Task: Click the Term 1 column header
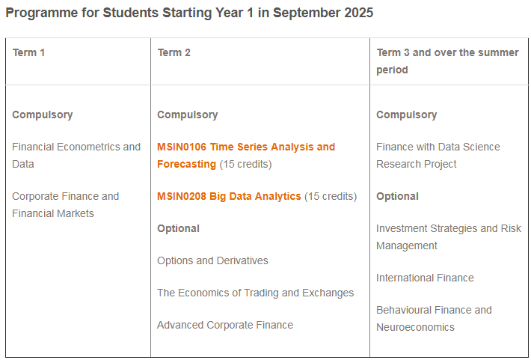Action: [28, 53]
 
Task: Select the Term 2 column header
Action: [174, 53]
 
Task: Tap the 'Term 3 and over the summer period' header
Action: [447, 61]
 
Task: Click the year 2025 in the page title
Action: [359, 13]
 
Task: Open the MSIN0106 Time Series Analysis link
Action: [246, 156]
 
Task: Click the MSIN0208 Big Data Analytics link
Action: [229, 197]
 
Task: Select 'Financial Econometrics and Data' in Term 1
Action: [76, 156]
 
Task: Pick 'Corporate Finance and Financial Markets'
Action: [65, 205]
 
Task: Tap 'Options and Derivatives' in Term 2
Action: [212, 260]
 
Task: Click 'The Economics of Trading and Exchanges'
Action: [255, 293]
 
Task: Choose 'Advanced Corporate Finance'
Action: [225, 325]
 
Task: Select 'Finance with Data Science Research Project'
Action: [438, 156]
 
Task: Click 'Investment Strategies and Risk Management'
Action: [449, 237]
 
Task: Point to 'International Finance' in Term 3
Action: [425, 278]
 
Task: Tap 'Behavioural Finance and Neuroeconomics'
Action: [434, 319]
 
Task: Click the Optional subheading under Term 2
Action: [178, 229]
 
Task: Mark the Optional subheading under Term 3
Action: [397, 197]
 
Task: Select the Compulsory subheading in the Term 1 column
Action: [43, 115]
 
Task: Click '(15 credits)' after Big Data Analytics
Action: [331, 197]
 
